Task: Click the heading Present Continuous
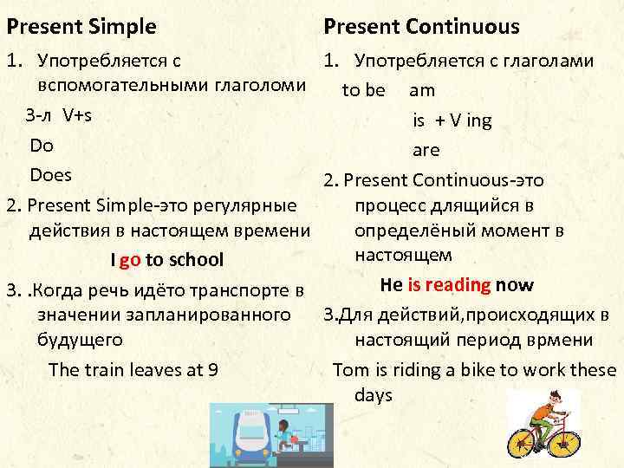tap(421, 26)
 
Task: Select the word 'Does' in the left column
tap(51, 175)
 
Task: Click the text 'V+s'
tap(78, 116)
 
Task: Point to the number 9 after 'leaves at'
tap(213, 370)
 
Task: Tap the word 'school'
tap(196, 260)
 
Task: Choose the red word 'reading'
tap(459, 285)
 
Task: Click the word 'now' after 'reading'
tap(515, 285)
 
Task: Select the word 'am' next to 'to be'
tap(422, 90)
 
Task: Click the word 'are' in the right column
tap(426, 150)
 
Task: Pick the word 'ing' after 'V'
tap(478, 120)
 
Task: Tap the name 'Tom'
tap(351, 370)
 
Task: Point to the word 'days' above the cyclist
tap(374, 395)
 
